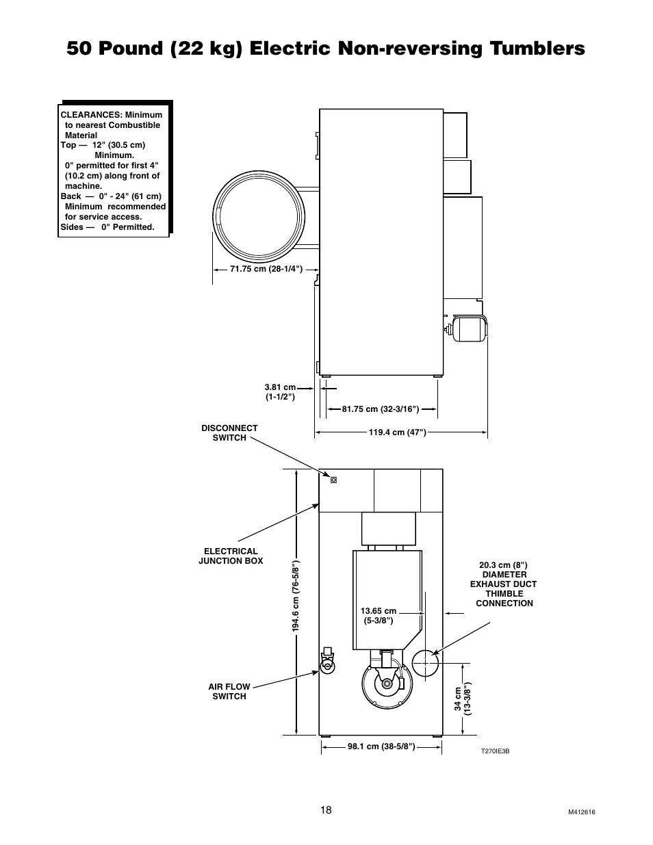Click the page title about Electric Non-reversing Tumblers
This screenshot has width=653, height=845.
[326, 48]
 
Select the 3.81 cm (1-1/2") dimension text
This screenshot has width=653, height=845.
[280, 392]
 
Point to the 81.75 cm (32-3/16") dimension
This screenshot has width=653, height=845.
[380, 409]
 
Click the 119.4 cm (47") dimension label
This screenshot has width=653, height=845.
[397, 432]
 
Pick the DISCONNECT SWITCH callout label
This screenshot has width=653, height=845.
[229, 433]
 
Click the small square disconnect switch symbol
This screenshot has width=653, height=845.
[333, 480]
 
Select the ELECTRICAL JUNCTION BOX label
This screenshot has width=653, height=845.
[231, 556]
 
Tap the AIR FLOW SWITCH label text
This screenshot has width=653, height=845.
[229, 691]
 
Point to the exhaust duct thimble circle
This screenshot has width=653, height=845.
[424, 663]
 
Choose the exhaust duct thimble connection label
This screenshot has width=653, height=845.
[503, 584]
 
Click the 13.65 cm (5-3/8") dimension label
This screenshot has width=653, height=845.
[378, 616]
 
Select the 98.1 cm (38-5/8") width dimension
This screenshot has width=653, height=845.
[381, 746]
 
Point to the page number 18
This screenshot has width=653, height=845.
[326, 810]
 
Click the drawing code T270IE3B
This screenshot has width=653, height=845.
[495, 751]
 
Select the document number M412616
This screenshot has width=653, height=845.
[582, 812]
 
